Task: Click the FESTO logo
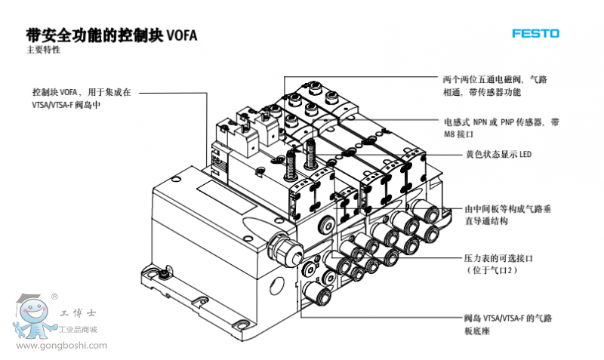535,34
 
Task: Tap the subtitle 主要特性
43,51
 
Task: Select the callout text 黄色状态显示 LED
498,155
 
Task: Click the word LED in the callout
525,155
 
